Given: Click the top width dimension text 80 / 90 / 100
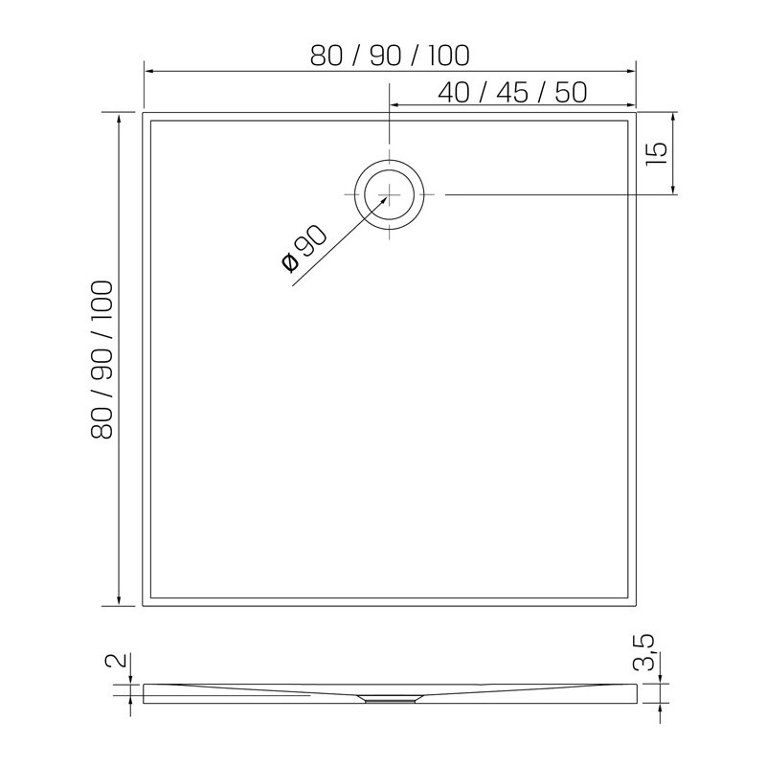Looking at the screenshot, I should pos(390,56).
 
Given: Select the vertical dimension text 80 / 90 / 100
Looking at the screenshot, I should pos(102,359).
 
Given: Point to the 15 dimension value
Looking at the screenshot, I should pos(657,153).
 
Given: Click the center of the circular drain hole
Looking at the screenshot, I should pos(389,194).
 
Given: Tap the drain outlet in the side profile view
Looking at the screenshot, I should pos(389,698).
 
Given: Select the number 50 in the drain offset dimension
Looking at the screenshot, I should pos(570,93).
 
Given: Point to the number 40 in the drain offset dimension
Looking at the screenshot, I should pos(454,93).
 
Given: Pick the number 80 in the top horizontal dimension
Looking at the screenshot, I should pos(327,56).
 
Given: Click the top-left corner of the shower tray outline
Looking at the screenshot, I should pos(144,113).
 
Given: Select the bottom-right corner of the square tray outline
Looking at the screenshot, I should pos(636,605).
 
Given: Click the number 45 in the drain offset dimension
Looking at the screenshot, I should pos(511,93).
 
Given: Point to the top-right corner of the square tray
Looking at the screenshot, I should pos(636,113).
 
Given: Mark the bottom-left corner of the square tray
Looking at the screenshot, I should pos(144,605).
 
